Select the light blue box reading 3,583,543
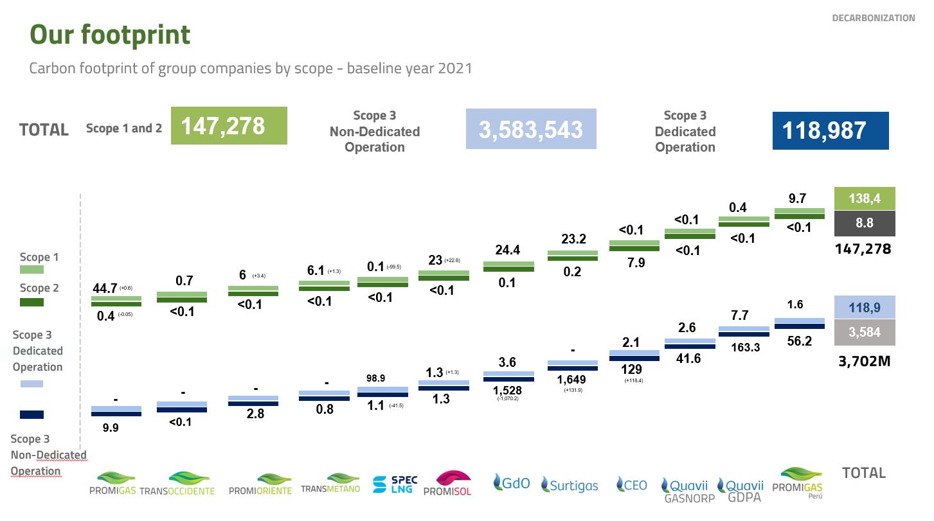(x=530, y=130)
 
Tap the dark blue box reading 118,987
(x=830, y=131)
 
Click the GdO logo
(x=512, y=482)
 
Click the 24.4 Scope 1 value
(x=507, y=250)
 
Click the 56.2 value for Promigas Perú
(x=799, y=342)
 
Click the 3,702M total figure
(x=864, y=361)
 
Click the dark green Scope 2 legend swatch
(x=32, y=302)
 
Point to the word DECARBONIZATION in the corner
(x=873, y=18)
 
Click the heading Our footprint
(x=110, y=35)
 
